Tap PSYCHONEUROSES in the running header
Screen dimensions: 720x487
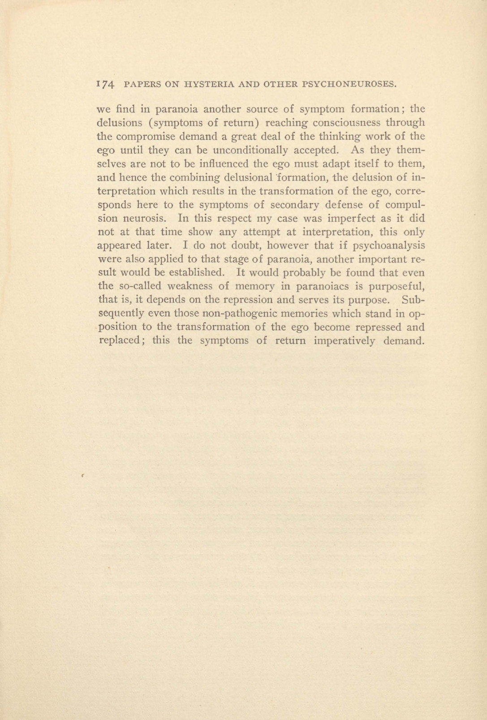click(x=351, y=84)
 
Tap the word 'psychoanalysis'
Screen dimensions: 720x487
click(x=390, y=246)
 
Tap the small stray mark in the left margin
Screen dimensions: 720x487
click(x=83, y=474)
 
